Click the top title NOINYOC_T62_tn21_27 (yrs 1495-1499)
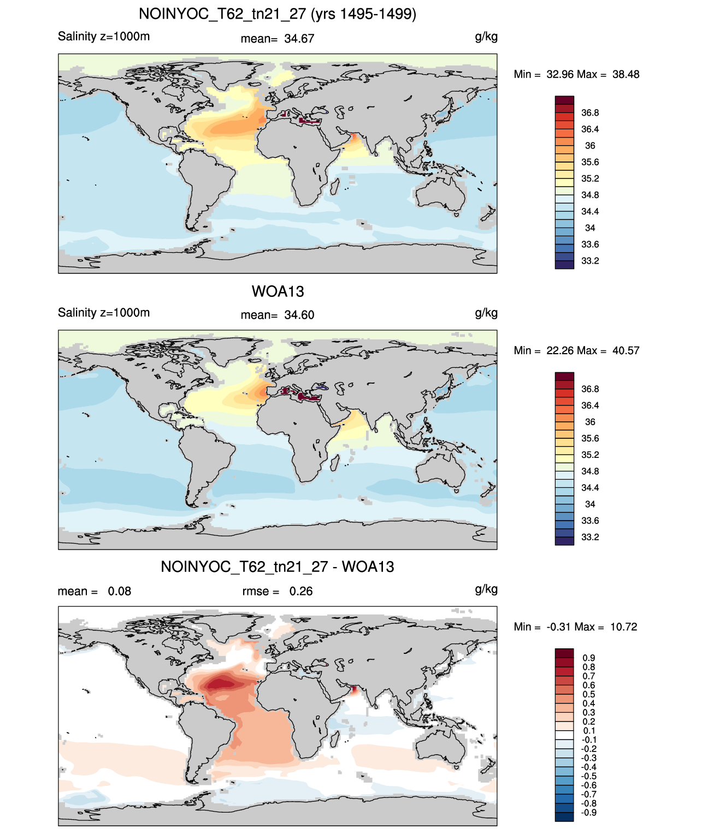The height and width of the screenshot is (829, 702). coord(278,14)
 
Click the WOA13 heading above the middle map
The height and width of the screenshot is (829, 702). coord(278,291)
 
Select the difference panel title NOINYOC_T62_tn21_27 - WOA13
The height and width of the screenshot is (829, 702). coord(278,566)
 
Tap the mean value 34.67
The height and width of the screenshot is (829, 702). coord(299,39)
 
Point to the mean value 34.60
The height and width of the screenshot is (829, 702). coord(299,315)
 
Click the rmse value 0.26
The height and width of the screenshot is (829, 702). coord(300,591)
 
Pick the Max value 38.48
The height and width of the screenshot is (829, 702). coord(626,74)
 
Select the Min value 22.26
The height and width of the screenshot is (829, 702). coord(559,350)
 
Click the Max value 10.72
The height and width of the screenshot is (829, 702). coord(623,627)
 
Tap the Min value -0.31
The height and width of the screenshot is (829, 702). coord(559,627)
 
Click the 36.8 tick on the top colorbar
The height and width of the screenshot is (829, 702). coord(590,113)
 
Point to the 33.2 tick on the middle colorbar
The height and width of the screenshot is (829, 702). coord(590,537)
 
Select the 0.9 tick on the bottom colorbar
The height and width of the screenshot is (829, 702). coord(589,658)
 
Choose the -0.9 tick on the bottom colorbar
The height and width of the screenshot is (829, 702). coord(589,813)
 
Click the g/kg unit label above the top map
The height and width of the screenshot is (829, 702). coord(486,37)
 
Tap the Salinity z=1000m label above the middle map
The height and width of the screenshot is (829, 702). coord(104,312)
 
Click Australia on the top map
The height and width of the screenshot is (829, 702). coord(440,194)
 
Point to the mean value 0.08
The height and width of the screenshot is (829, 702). coord(120,591)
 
